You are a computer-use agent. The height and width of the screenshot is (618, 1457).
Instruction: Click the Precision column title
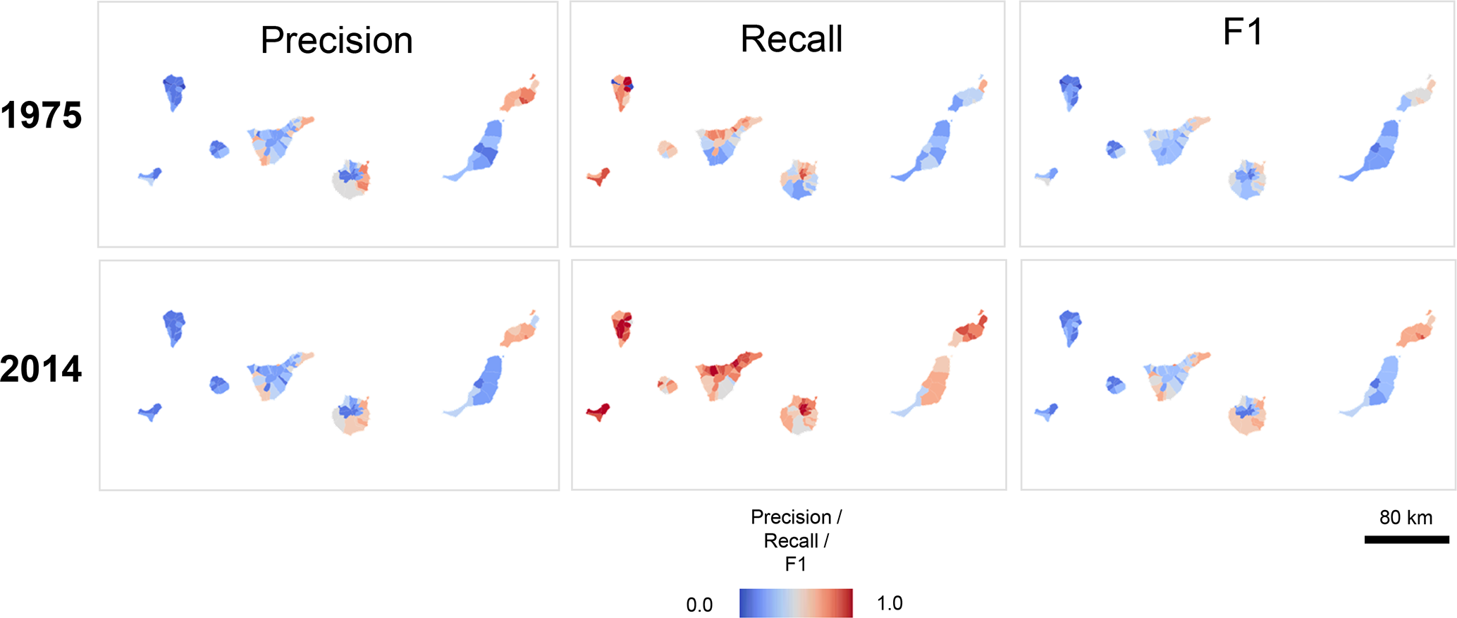(336, 40)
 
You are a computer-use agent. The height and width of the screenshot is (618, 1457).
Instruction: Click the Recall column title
(791, 39)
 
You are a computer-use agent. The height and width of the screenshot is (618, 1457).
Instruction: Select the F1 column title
(1242, 32)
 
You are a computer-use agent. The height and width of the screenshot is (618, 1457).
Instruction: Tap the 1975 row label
(41, 116)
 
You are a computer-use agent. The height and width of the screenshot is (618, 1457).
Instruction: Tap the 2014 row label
(41, 369)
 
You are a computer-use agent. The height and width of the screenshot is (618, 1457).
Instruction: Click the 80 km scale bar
(1406, 540)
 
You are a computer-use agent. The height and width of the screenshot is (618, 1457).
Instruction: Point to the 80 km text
(1406, 518)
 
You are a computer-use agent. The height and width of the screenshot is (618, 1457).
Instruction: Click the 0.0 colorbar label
(699, 605)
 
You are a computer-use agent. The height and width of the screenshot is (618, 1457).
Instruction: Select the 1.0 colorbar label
(890, 603)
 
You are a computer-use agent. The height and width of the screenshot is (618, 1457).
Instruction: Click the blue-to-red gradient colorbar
(796, 603)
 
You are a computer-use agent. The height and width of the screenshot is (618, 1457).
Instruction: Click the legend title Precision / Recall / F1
(796, 540)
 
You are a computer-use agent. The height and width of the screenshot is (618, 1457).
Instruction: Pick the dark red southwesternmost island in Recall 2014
(598, 412)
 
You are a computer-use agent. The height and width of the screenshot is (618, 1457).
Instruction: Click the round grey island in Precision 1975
(351, 181)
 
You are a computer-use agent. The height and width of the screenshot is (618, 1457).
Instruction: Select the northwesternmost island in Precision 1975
(173, 91)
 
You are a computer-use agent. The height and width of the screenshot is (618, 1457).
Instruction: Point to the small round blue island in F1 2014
(1115, 385)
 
